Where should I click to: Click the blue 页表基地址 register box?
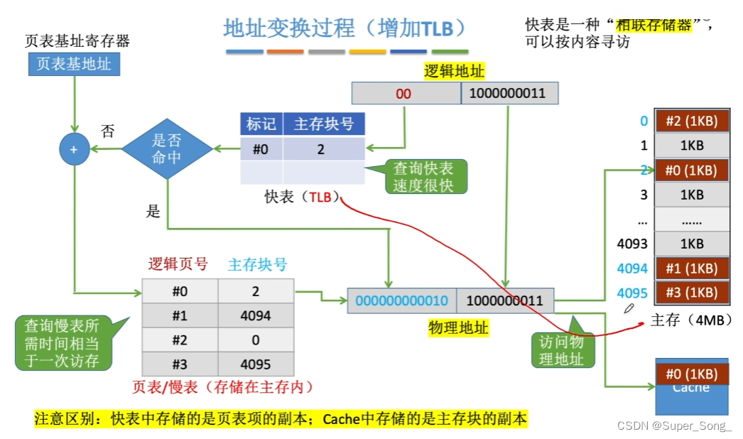coord(74,65)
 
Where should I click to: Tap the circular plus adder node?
coord(74,149)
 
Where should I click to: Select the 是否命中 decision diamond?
coord(167,148)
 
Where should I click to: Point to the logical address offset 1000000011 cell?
coord(509,94)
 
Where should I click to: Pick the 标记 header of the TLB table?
coord(261,125)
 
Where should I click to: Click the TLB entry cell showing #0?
coord(261,149)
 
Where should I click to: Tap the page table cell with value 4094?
coord(256,315)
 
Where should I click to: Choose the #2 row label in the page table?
coord(180,340)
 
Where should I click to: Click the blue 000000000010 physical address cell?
coord(401,300)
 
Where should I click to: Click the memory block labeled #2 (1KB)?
coord(692,121)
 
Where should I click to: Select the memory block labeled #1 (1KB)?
coord(692,268)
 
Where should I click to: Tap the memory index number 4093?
coord(632,244)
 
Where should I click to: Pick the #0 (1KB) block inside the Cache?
coord(692,374)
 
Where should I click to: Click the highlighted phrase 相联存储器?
coord(653,25)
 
